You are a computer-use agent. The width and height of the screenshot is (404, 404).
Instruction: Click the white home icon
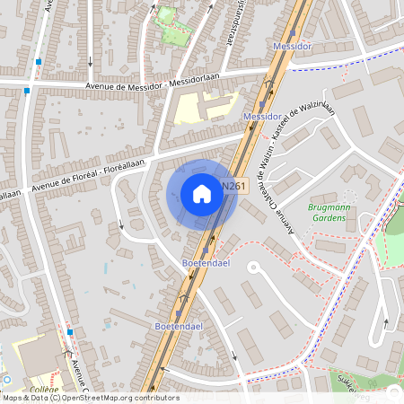(x=201, y=193)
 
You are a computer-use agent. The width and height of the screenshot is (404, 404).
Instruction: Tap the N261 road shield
(x=233, y=187)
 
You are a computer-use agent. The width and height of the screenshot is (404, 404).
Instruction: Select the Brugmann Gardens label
(x=328, y=212)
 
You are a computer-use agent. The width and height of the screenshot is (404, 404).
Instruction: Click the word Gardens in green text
(x=328, y=217)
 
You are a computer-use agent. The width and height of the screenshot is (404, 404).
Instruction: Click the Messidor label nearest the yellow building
(x=261, y=118)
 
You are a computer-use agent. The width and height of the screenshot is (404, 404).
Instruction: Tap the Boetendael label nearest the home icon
(x=203, y=263)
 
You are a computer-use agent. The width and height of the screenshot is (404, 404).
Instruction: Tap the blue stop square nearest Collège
(x=69, y=331)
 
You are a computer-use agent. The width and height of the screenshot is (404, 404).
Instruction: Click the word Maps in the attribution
(x=13, y=397)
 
